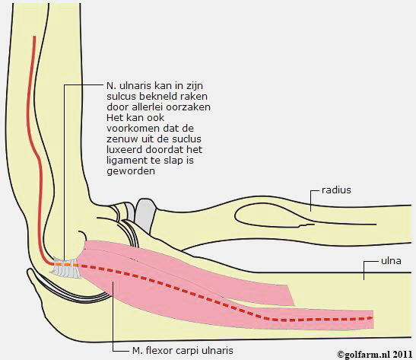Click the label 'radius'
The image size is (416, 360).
[336, 190]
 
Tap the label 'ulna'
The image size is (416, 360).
[391, 261]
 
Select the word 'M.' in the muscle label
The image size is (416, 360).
[136, 351]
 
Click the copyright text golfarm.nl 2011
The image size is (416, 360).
[375, 355]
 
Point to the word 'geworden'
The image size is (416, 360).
[131, 171]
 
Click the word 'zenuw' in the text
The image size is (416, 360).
[120, 139]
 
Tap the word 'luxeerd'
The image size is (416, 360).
[125, 149]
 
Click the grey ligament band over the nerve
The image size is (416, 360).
[66, 267]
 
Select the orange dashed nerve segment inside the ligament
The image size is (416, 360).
[67, 265]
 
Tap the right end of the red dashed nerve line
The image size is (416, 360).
[373, 318]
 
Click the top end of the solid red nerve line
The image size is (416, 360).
[34, 37]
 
